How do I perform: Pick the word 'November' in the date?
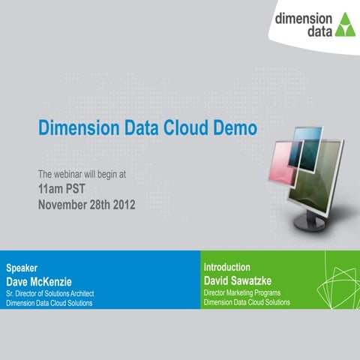point(62,204)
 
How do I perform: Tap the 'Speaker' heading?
point(22,268)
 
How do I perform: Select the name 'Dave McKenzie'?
point(43,280)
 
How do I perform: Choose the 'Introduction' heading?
point(227,267)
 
